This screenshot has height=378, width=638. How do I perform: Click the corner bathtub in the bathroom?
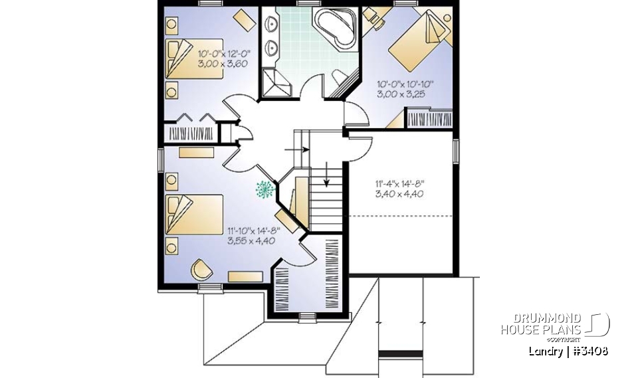click(x=336, y=29)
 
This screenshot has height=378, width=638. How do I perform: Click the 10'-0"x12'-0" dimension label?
click(x=223, y=52)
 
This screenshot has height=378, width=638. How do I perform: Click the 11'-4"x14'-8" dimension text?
click(x=399, y=184)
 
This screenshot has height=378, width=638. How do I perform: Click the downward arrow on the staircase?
click(x=327, y=175)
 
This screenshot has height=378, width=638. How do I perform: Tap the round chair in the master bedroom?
click(x=201, y=270)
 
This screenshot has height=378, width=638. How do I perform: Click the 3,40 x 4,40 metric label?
click(x=399, y=195)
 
